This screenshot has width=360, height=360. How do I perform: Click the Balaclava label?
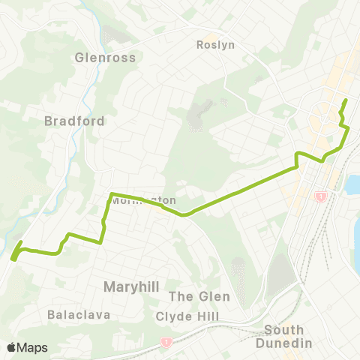point(78,315)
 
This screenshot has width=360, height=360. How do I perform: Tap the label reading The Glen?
point(199,296)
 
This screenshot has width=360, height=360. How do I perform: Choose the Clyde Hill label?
point(187,316)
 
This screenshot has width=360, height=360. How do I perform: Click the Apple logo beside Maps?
point(12,347)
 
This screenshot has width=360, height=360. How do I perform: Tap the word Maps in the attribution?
point(33,347)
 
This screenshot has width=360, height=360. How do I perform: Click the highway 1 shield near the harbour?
point(321,196)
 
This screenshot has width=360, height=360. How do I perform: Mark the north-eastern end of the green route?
point(345,100)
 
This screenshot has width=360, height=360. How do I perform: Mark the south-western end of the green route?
point(13,259)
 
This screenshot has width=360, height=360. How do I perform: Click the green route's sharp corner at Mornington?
point(111,195)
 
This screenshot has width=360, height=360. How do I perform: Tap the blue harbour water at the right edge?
point(354,187)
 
